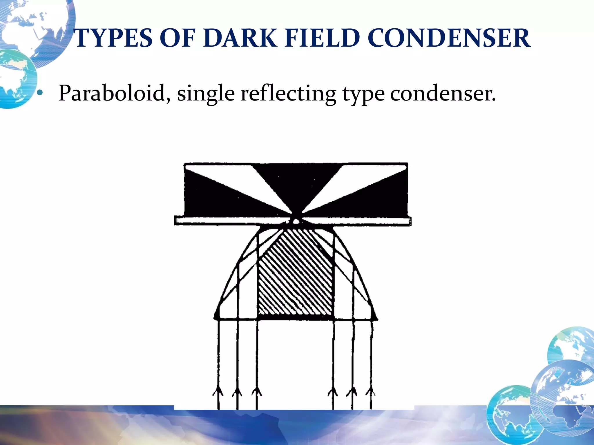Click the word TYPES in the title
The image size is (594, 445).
tap(113, 38)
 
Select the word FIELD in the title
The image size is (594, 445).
tap(322, 38)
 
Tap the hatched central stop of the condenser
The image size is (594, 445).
tap(295, 275)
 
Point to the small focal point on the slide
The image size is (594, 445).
tap(296, 221)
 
